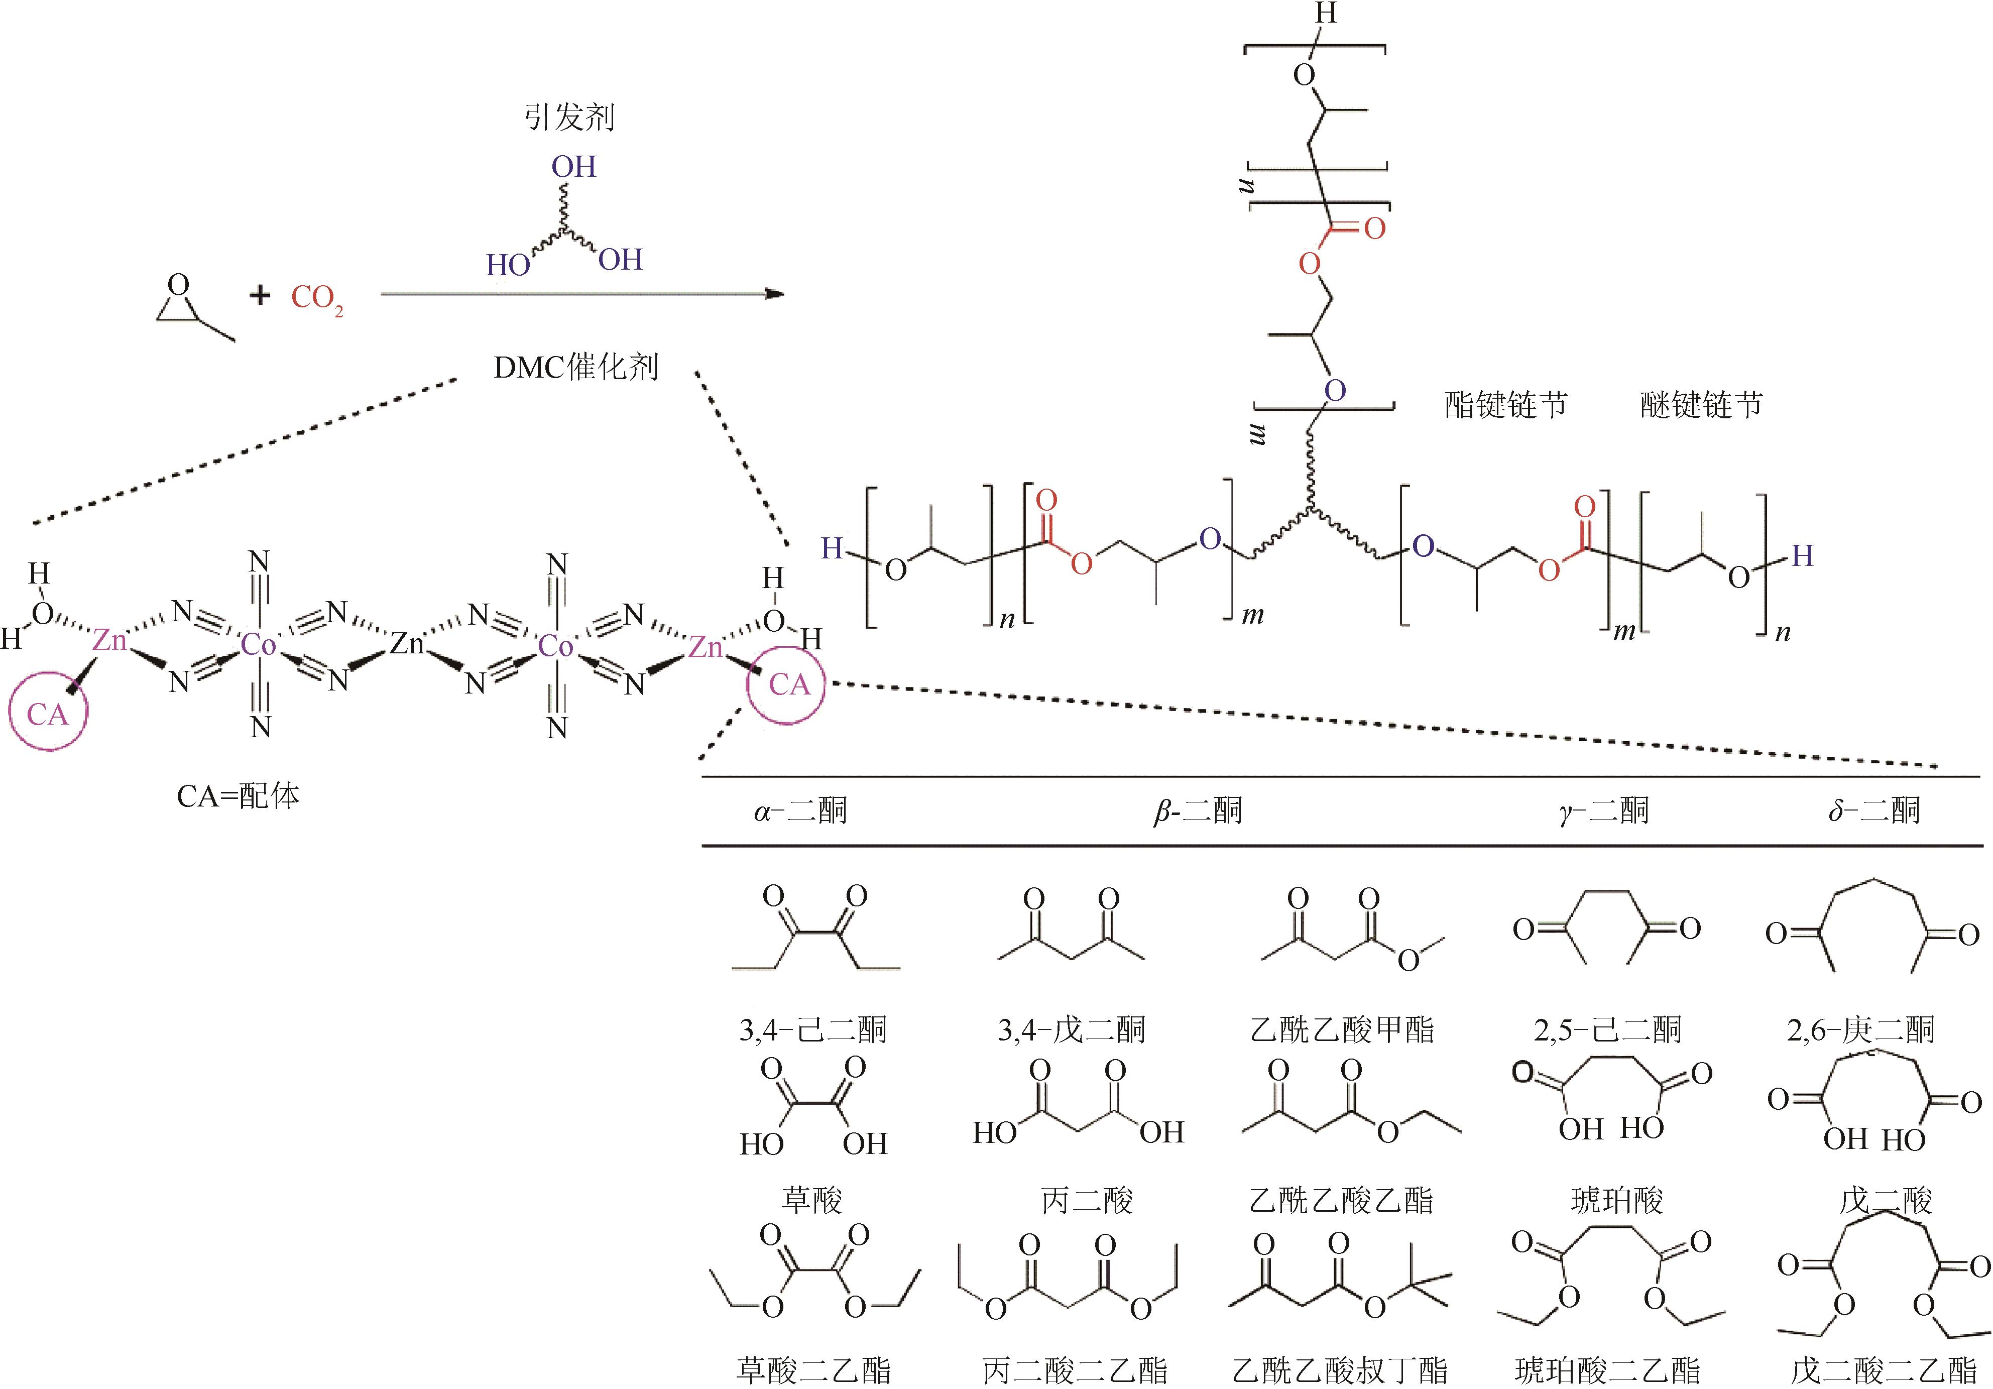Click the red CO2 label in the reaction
[x=317, y=299]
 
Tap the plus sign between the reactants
[x=260, y=296]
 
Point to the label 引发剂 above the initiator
[x=569, y=117]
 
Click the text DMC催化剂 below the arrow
[x=576, y=368]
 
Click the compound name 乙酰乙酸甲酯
[x=1342, y=1029]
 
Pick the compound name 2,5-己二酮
[x=1607, y=1029]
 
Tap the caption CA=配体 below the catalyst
[x=238, y=796]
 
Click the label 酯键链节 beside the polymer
[x=1506, y=405]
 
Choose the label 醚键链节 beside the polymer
[x=1701, y=405]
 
